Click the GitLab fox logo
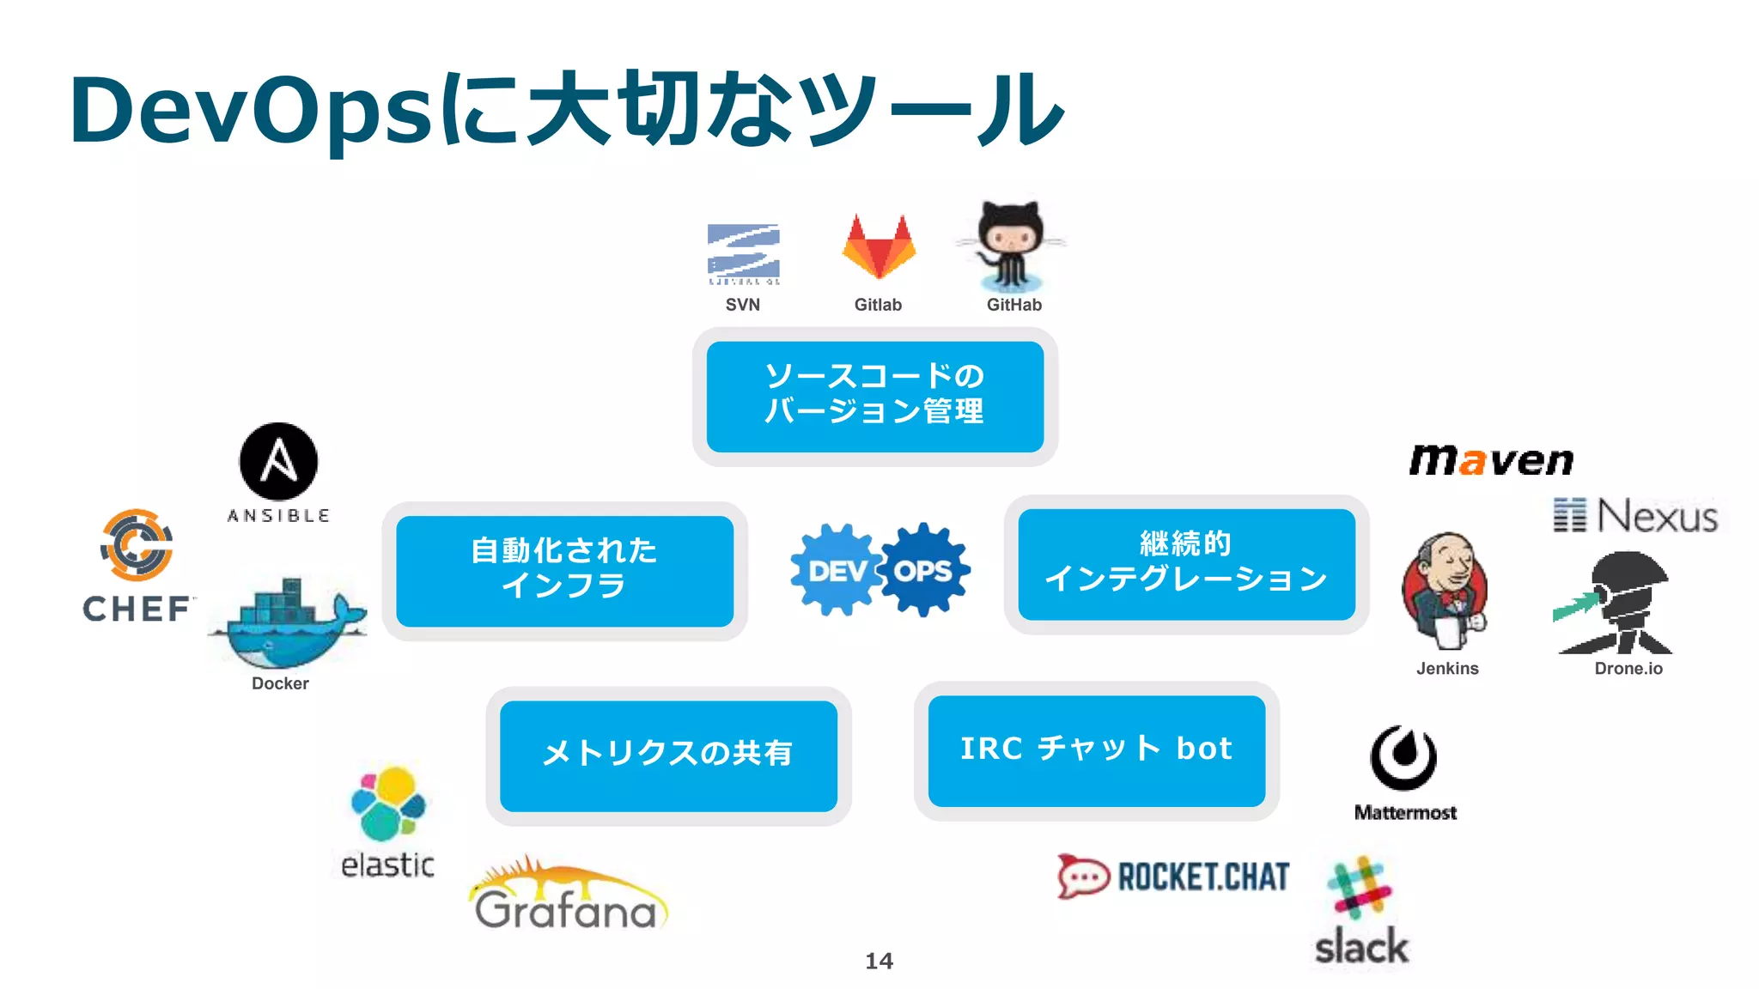coord(879,248)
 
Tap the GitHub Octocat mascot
coord(1012,246)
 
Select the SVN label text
coord(742,305)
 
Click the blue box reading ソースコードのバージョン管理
coord(874,396)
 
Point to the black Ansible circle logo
coord(278,462)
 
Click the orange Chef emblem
coord(137,545)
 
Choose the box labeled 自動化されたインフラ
coord(564,570)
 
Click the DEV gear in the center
coord(837,570)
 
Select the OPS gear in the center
coord(925,570)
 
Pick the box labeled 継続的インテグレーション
coord(1186,564)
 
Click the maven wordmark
coord(1491,461)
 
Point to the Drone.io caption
coord(1628,669)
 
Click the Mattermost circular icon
coord(1403,757)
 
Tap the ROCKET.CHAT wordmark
coord(1202,877)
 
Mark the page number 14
coord(879,961)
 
